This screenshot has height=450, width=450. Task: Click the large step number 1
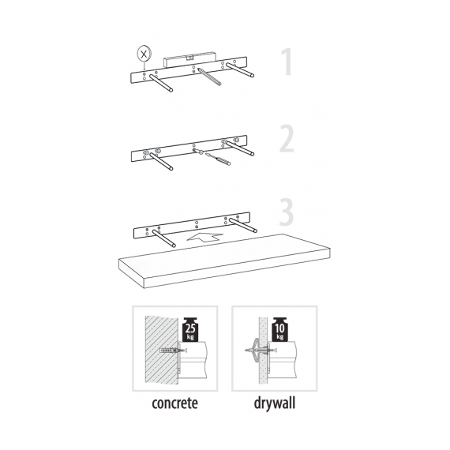(x=287, y=62)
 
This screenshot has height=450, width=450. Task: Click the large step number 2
(x=287, y=138)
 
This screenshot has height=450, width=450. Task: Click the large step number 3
(x=287, y=212)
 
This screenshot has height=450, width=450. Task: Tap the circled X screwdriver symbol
(x=144, y=54)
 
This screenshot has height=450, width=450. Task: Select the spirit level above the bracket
(x=189, y=59)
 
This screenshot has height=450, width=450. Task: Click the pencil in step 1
(x=208, y=77)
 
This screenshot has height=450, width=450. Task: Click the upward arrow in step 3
(x=205, y=238)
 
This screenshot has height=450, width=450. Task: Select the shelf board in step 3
(x=224, y=261)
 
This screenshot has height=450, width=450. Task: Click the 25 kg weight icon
(x=190, y=329)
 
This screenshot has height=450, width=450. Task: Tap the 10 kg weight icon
(x=279, y=329)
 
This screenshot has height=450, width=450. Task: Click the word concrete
(x=174, y=403)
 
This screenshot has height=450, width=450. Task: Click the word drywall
(x=275, y=403)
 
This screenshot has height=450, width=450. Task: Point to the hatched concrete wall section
(x=161, y=350)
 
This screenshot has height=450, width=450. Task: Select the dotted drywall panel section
(x=263, y=350)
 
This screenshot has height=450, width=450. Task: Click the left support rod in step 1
(x=161, y=83)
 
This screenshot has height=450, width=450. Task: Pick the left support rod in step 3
(x=164, y=238)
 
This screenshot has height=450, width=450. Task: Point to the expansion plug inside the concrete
(x=169, y=351)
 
